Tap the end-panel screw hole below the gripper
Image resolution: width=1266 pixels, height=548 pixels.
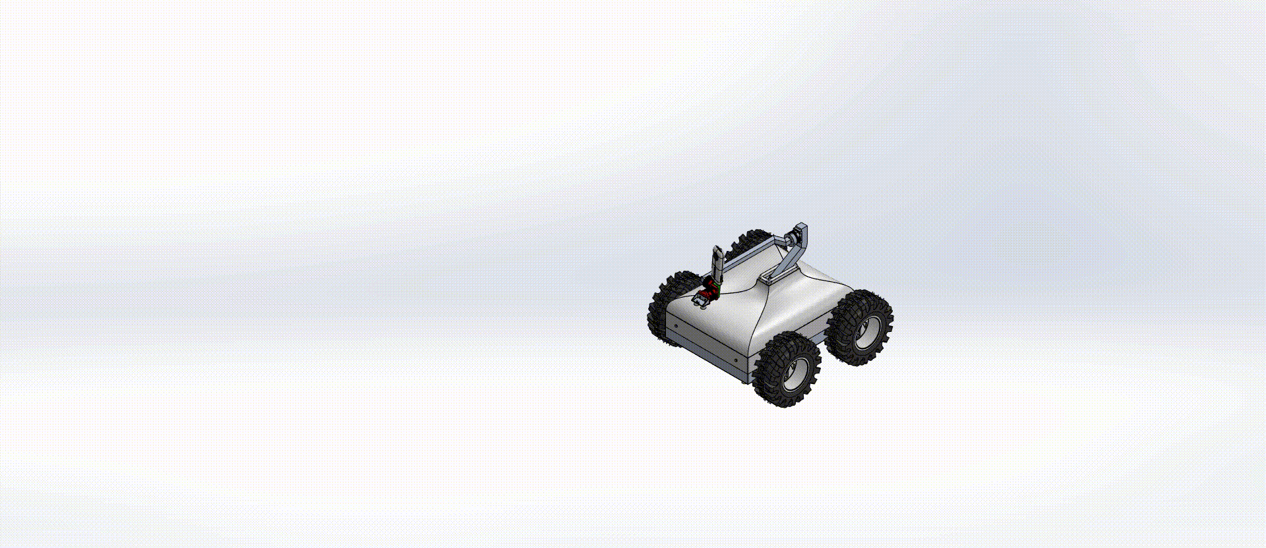pyautogui.click(x=675, y=325)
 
